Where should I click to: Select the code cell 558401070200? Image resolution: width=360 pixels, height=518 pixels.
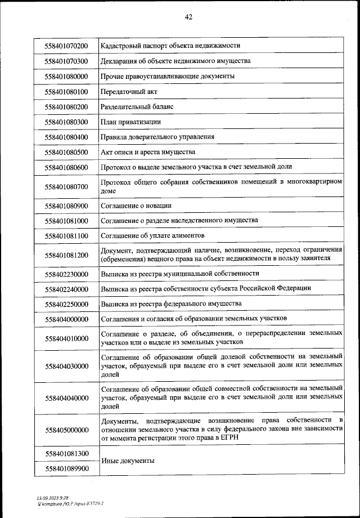[x=67, y=45]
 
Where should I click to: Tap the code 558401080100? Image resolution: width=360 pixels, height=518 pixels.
[x=67, y=91]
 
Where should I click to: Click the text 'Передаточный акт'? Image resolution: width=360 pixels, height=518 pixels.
[x=127, y=91]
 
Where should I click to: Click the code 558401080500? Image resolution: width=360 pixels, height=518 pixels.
[x=67, y=152]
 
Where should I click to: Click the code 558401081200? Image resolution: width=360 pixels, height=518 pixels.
[x=67, y=254]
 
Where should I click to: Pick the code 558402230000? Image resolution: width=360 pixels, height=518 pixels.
[x=67, y=274]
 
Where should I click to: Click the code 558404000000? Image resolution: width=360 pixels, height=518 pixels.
[x=67, y=319]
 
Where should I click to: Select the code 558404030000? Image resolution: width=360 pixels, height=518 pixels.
[x=67, y=366]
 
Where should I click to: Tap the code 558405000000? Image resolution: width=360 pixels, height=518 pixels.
[x=67, y=430]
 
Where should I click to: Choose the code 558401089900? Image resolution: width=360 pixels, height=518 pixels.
[x=67, y=468]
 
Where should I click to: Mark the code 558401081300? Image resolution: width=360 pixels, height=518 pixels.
[x=67, y=453]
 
